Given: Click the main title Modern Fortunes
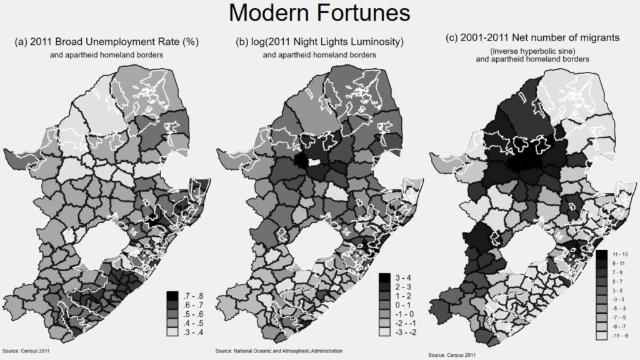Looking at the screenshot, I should coord(319,13).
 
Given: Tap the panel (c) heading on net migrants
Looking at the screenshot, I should coord(532,38).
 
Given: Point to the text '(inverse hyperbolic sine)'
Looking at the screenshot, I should coord(532,50).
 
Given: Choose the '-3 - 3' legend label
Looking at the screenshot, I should coord(619,300).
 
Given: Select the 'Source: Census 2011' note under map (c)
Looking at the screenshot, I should coord(451,355).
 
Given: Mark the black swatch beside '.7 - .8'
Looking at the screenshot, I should coord(171,294).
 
